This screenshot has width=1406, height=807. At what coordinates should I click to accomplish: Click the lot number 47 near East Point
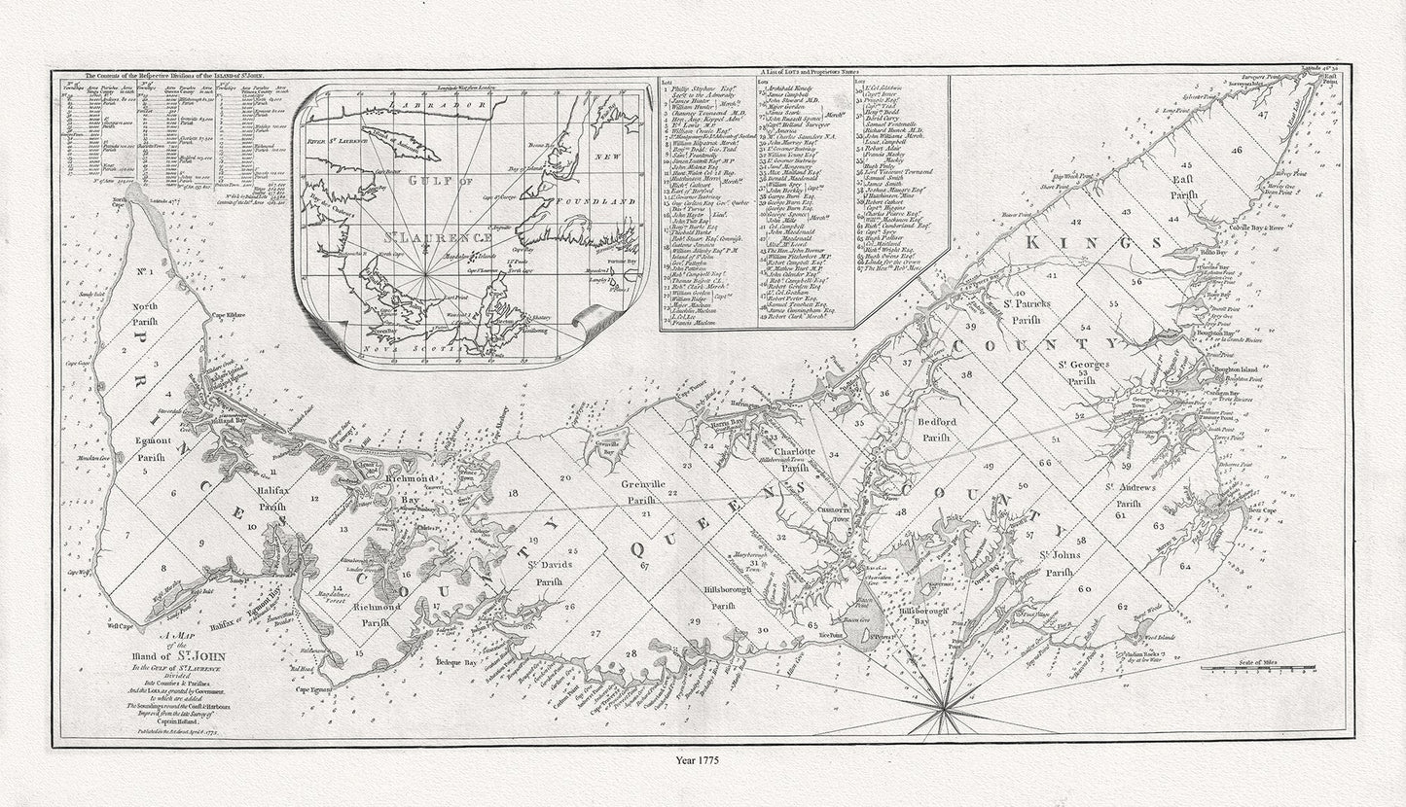click(x=1262, y=115)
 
